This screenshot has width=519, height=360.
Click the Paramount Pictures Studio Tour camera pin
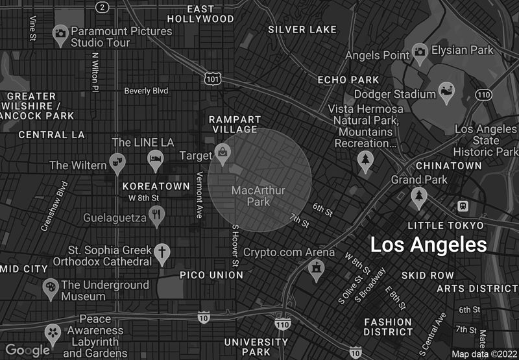click(60, 34)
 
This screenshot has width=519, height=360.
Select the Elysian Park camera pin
click(420, 51)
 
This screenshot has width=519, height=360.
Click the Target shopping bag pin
click(223, 153)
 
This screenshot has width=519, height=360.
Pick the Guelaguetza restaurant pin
click(156, 215)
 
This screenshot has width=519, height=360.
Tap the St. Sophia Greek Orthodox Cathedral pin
click(162, 252)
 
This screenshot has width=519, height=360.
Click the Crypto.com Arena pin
click(316, 268)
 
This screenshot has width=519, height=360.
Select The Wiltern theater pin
click(117, 162)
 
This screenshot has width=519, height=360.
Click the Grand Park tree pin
click(419, 195)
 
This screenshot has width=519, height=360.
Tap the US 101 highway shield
click(211, 78)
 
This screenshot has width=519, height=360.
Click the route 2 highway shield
click(102, 6)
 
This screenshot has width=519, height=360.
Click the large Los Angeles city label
click(428, 245)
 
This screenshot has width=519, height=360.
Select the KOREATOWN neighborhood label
click(156, 186)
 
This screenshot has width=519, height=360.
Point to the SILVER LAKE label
click(302, 29)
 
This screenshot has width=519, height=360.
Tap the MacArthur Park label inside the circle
click(258, 195)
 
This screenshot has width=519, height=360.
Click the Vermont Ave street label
click(199, 195)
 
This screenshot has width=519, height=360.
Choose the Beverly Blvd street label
click(146, 91)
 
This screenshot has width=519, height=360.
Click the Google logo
click(27, 350)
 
